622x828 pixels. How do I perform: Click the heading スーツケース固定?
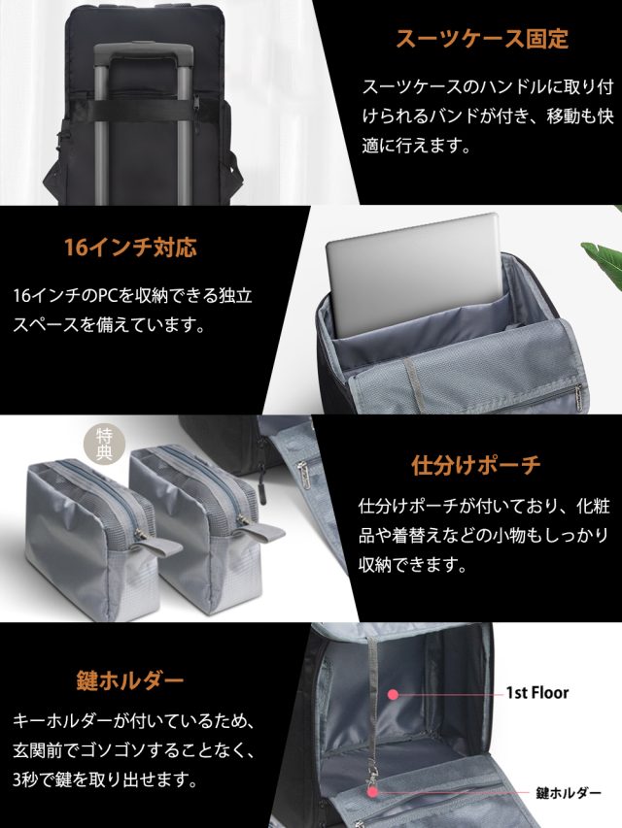[482, 40]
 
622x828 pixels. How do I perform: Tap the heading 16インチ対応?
[130, 248]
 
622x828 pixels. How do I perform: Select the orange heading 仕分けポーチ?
[475, 465]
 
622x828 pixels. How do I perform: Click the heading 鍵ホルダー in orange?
[130, 680]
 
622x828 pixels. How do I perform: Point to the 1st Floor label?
[536, 692]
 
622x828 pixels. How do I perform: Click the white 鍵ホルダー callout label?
[569, 793]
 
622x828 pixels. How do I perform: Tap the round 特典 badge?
[104, 444]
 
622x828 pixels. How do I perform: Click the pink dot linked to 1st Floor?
[393, 694]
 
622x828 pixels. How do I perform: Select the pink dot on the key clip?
[373, 791]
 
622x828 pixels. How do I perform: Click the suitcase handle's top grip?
[143, 51]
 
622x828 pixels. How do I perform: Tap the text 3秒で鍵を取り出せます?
[105, 779]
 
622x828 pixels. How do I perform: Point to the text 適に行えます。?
[416, 146]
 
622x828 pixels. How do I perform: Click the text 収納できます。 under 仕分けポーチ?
[413, 566]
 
